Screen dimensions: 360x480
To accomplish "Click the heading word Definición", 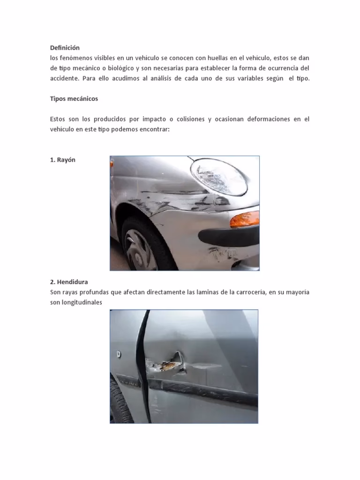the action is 65,48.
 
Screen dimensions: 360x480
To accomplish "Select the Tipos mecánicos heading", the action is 74,99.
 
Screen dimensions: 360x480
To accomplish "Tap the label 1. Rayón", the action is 62,160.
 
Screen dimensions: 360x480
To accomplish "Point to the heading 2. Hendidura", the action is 69,282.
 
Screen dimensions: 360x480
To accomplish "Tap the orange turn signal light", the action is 244,218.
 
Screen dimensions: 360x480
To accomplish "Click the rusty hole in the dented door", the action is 169,363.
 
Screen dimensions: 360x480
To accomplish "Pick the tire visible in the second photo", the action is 119,403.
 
